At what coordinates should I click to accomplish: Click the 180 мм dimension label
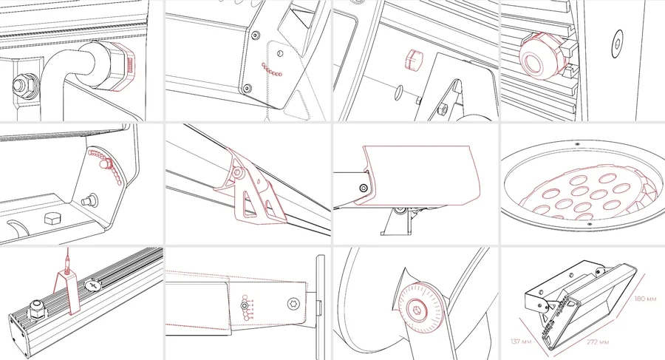(646, 299)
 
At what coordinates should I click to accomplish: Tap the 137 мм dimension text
(521, 342)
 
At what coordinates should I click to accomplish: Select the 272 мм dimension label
(598, 342)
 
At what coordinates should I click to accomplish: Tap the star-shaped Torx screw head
(293, 304)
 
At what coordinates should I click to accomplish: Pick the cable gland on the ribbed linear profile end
(36, 309)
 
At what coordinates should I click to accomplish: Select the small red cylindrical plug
(412, 59)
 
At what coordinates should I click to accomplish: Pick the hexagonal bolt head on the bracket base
(52, 219)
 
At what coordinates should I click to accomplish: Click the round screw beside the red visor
(364, 188)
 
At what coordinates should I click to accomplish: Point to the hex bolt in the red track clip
(237, 173)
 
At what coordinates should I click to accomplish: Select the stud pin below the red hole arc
(89, 200)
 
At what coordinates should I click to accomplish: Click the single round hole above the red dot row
(279, 53)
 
